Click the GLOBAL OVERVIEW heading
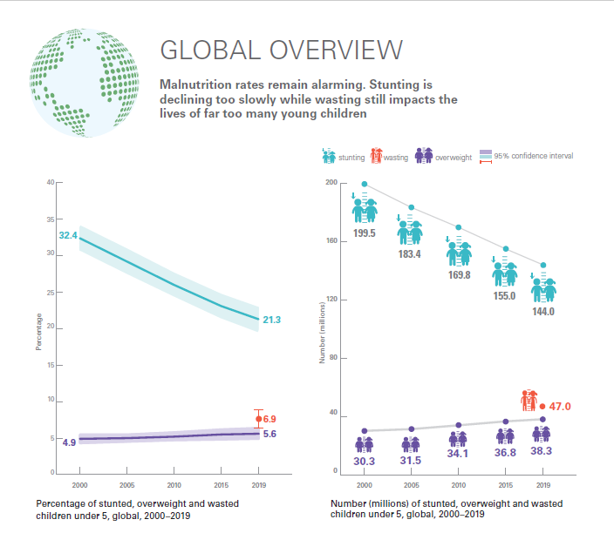[281, 50]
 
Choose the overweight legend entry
[443, 157]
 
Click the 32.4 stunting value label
[68, 236]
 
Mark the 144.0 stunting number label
[544, 311]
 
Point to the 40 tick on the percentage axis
[50, 182]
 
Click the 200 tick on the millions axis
[331, 183]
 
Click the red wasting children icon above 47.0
[529, 401]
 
